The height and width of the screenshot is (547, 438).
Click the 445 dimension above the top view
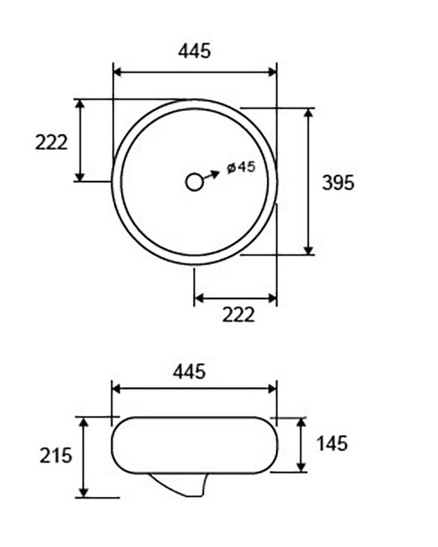[195, 51]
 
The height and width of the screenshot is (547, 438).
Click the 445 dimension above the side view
[189, 371]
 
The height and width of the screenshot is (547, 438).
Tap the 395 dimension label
[338, 182]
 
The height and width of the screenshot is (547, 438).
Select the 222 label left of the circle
[51, 143]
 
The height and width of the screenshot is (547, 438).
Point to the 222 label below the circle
[238, 314]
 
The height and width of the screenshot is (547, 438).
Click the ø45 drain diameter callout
[241, 167]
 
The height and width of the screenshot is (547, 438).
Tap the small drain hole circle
[195, 182]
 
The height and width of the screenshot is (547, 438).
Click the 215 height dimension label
[56, 455]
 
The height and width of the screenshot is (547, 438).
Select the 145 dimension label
[333, 443]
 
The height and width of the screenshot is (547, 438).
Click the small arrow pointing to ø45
[212, 175]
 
